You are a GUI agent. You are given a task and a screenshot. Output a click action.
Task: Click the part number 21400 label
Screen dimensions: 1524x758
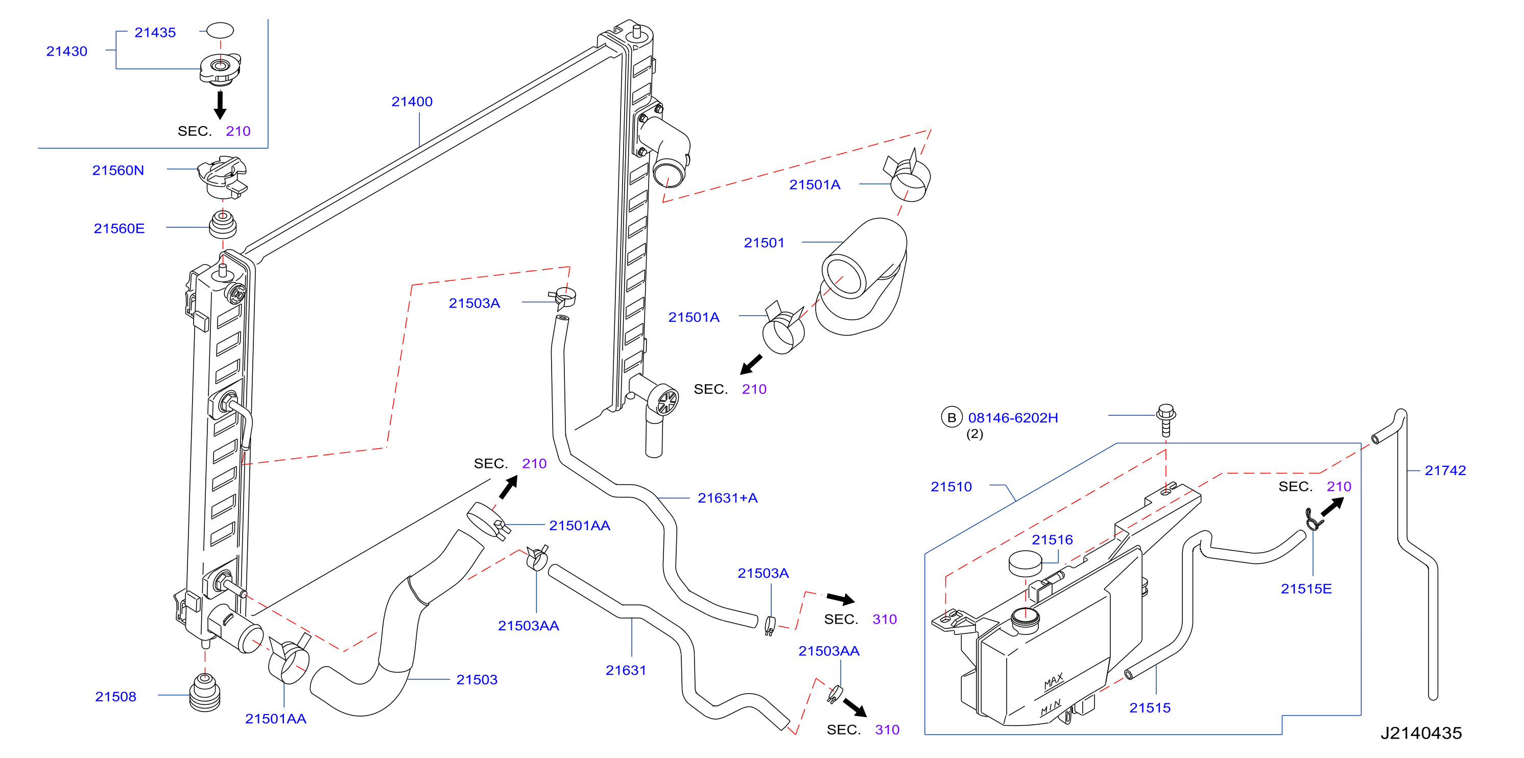[412, 102]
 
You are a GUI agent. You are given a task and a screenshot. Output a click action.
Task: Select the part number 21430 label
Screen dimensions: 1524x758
[67, 52]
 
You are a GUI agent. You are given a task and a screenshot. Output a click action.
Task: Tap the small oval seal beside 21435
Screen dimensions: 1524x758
[220, 30]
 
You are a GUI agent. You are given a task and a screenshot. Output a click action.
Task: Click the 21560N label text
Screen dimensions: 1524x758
[118, 171]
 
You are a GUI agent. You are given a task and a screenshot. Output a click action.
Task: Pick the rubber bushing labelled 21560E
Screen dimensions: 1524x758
[223, 224]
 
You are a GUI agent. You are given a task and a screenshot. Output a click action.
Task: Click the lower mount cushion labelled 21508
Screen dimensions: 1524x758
[205, 692]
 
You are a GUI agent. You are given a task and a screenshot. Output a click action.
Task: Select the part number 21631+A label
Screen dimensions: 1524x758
[728, 498]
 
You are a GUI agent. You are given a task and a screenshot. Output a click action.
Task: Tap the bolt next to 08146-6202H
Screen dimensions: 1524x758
[1166, 420]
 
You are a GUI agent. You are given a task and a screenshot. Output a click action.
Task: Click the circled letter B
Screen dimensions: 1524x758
[952, 418]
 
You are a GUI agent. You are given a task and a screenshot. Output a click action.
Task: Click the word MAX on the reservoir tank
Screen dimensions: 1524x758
[1054, 682]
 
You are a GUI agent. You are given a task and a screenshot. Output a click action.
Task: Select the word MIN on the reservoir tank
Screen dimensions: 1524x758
[1051, 707]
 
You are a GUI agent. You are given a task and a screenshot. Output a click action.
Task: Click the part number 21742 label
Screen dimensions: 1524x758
[1445, 471]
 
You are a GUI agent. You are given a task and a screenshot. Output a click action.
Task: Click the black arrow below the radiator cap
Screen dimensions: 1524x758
[220, 105]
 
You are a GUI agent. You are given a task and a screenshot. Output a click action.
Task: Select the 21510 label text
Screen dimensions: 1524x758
[951, 487]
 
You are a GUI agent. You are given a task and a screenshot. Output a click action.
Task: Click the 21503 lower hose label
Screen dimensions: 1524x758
[477, 680]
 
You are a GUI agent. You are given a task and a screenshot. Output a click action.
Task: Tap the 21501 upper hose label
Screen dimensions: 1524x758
[764, 243]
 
